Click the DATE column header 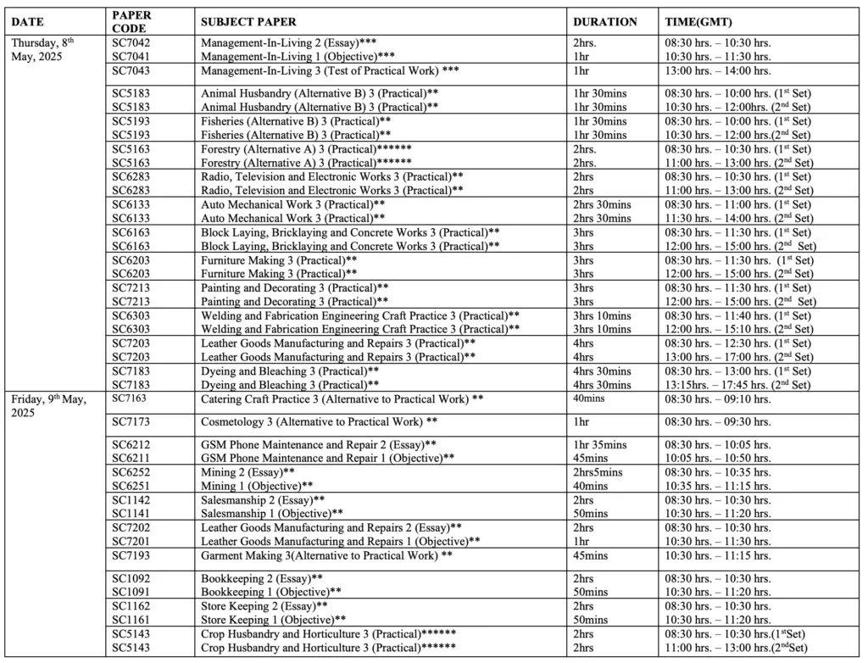click(x=27, y=21)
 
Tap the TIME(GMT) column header click(x=698, y=21)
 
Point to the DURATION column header click(x=605, y=21)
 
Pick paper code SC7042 click(x=131, y=42)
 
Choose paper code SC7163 click(x=131, y=398)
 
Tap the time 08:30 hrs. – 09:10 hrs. click(x=716, y=398)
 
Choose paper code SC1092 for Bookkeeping click(x=131, y=578)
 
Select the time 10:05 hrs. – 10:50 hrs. click(x=716, y=458)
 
